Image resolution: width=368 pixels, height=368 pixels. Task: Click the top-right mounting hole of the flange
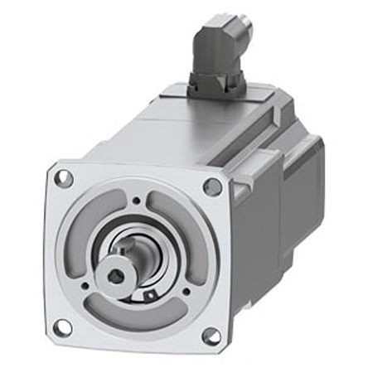click(212, 186)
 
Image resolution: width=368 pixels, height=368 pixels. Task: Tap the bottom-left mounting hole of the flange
click(62, 326)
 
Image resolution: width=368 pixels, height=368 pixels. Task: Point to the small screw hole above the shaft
click(137, 200)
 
